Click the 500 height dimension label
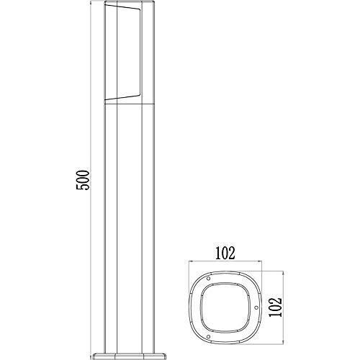point(83,179)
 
